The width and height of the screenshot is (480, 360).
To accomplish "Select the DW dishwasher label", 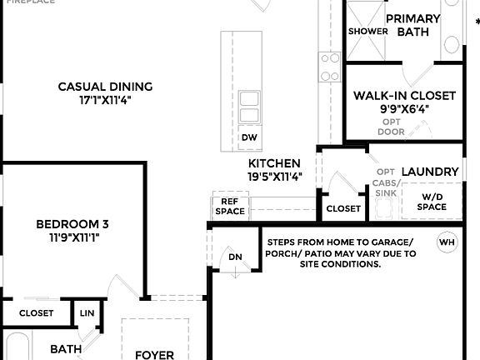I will (248, 137).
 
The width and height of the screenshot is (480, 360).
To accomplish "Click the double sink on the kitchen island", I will (249, 107).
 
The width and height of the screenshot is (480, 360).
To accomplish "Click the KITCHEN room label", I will (274, 163).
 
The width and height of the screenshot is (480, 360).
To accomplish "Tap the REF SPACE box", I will (230, 206).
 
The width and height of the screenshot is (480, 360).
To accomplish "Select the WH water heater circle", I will (447, 242).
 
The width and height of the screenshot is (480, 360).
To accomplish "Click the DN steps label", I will (235, 257).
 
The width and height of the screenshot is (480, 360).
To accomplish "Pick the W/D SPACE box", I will (431, 202).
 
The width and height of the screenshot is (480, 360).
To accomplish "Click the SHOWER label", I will (367, 32).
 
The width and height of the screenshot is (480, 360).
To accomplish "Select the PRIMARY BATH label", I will (412, 25).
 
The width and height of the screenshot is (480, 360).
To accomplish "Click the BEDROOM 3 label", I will (72, 224).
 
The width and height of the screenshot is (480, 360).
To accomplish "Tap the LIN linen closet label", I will (87, 313).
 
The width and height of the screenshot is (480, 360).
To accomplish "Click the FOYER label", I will (154, 354).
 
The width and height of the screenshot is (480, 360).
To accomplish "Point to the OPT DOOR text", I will (391, 127).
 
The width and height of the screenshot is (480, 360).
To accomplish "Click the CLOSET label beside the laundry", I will (343, 208).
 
